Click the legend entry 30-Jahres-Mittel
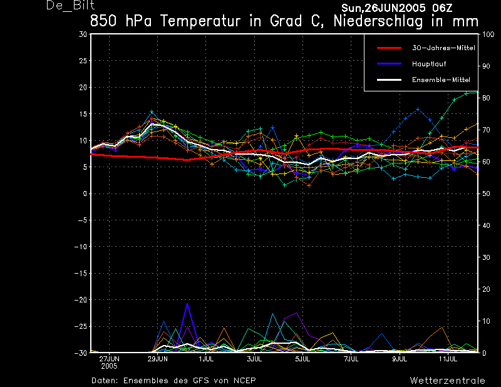[443, 48]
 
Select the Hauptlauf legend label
[429, 64]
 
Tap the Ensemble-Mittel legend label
[441, 80]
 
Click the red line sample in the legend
[389, 48]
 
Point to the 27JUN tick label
[109, 359]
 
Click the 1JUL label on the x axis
[206, 359]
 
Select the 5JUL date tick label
[302, 359]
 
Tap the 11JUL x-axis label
[448, 359]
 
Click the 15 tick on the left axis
[83, 114]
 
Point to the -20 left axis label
[81, 300]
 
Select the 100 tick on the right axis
[488, 34]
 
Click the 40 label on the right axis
[486, 225]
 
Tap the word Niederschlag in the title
[378, 21]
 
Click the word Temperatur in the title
[200, 21]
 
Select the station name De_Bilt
[71, 5]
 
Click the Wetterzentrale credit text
[448, 380]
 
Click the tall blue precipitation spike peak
[187, 304]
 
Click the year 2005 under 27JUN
[109, 366]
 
